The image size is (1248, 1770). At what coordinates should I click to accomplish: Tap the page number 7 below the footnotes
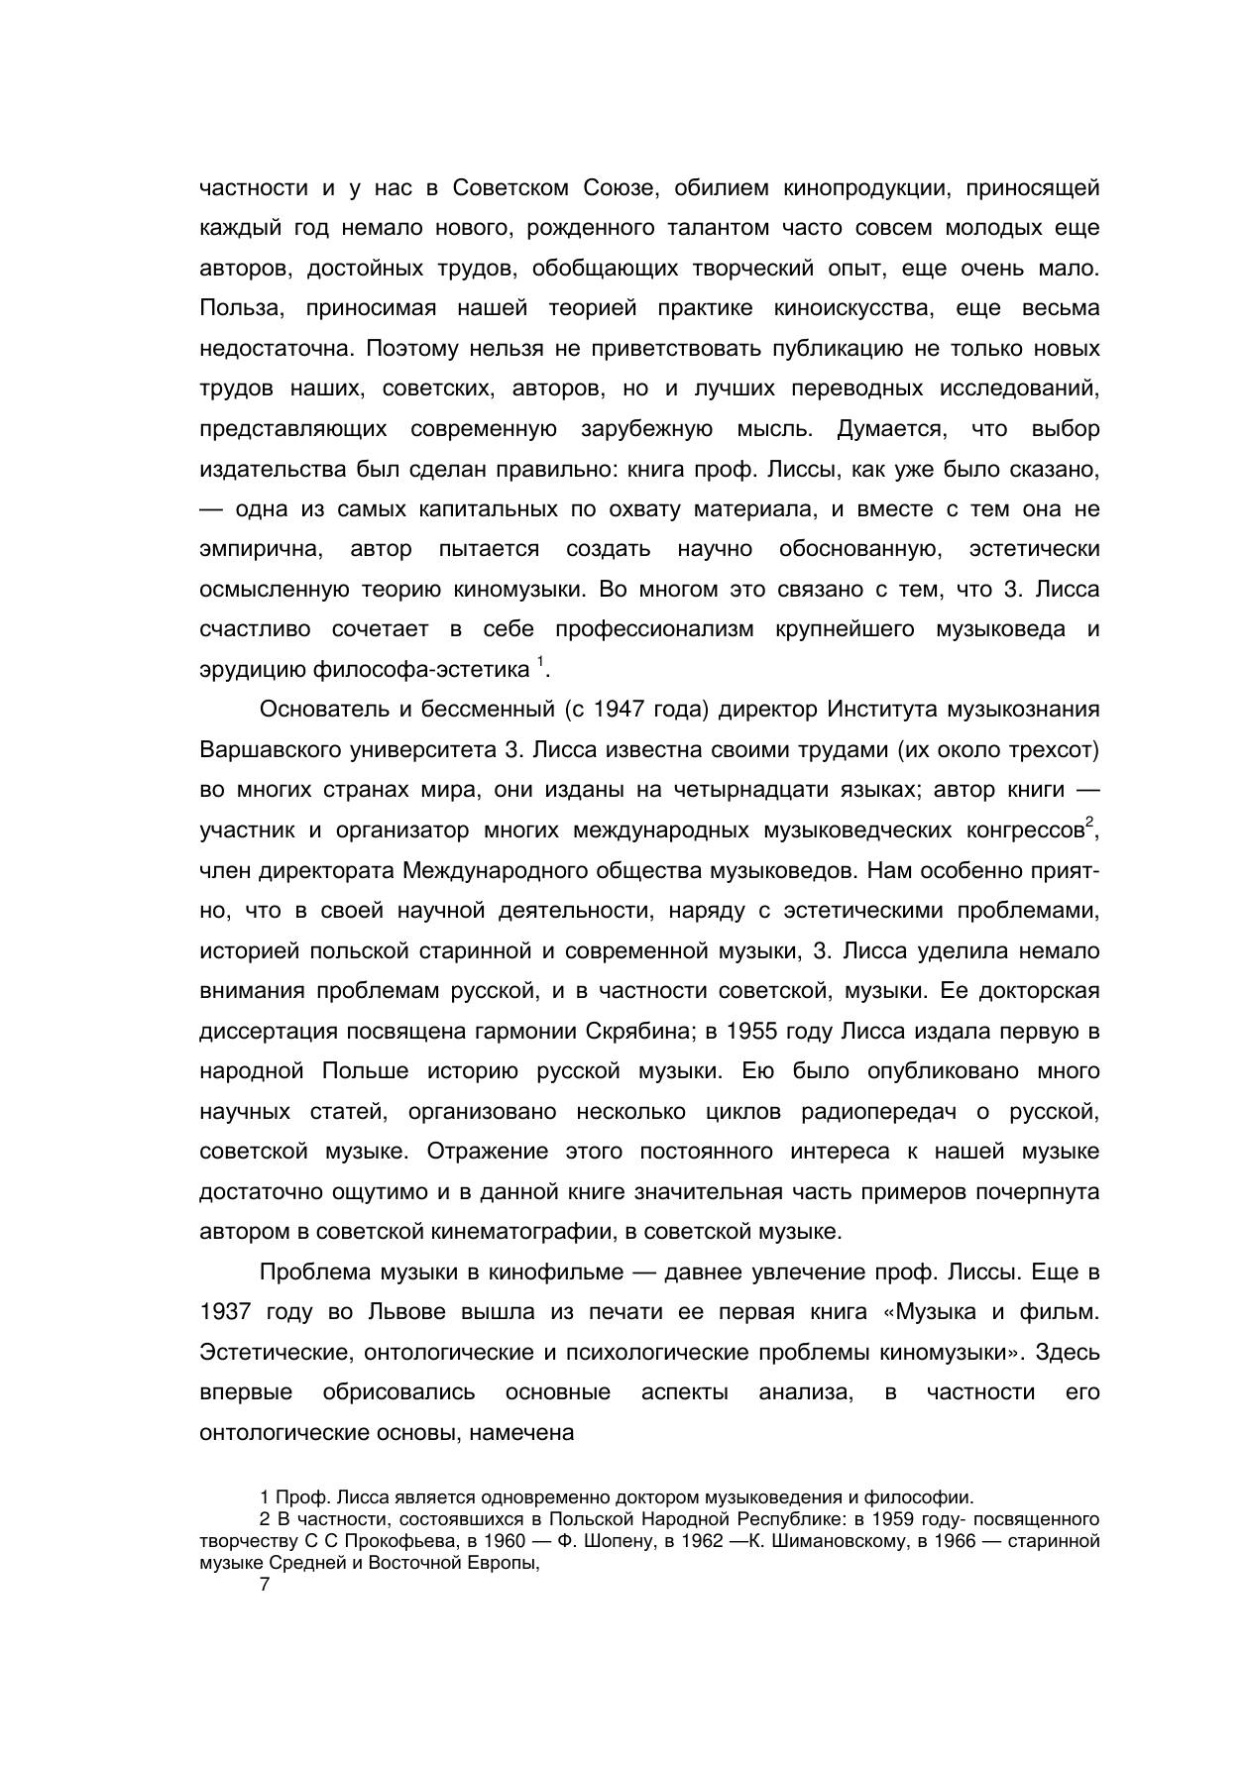pyautogui.click(x=265, y=1584)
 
